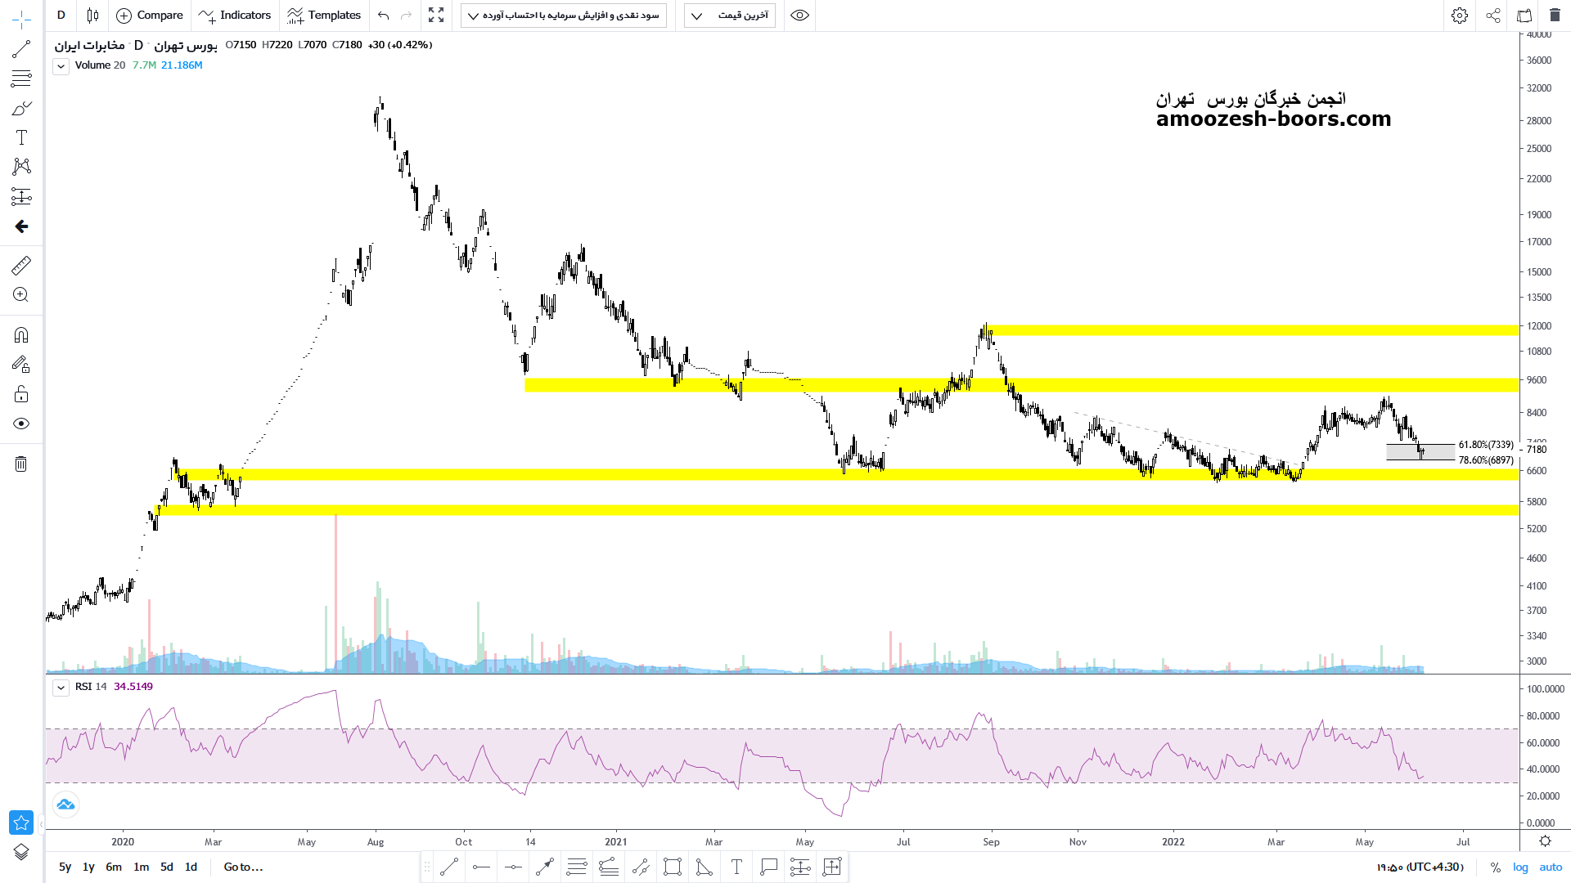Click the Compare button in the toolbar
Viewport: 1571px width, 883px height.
click(x=150, y=16)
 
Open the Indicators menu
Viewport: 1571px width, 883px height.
click(x=235, y=16)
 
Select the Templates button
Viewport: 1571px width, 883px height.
click(x=324, y=16)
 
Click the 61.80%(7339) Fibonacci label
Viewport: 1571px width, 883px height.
click(x=1486, y=445)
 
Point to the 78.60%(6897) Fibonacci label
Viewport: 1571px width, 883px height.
click(x=1486, y=460)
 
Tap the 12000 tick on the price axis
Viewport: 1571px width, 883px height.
click(x=1539, y=326)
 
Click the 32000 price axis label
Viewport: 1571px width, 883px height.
click(x=1539, y=88)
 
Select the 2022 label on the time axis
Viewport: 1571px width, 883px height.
click(x=1173, y=842)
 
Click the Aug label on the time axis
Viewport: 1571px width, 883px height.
click(x=376, y=842)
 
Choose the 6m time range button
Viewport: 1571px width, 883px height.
click(x=114, y=867)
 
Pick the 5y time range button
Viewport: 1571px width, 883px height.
click(x=65, y=867)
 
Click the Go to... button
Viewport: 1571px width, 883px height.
click(x=243, y=867)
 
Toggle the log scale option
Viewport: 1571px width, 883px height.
click(x=1520, y=867)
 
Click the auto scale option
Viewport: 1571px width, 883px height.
click(x=1551, y=867)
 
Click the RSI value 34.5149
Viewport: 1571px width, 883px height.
click(x=133, y=687)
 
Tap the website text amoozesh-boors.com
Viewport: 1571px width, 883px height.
click(x=1273, y=119)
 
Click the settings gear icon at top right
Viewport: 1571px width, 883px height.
click(x=1460, y=16)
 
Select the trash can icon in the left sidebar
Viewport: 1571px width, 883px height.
click(x=21, y=464)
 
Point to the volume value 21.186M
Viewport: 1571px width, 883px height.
click(x=182, y=65)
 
